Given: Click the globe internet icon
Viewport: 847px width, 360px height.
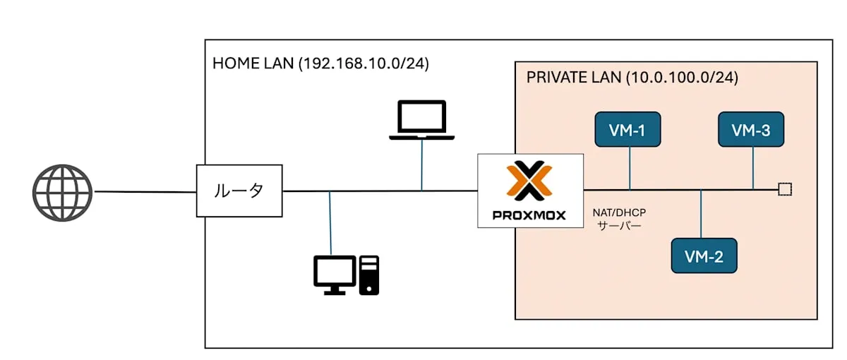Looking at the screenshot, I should click(x=62, y=193).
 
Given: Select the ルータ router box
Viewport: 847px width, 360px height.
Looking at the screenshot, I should click(x=239, y=191).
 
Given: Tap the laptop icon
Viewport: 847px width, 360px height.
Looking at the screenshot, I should click(x=422, y=119).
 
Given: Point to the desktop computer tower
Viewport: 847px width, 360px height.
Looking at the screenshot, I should click(x=369, y=275).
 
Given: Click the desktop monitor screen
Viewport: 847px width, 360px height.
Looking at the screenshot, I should click(x=335, y=270).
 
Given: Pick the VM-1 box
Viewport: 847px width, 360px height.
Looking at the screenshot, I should click(x=627, y=129).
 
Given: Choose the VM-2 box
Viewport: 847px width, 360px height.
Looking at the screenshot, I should click(x=703, y=256).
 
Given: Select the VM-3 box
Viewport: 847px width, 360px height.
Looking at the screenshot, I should click(x=752, y=129).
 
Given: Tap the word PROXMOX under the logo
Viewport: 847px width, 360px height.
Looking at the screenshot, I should click(x=530, y=215).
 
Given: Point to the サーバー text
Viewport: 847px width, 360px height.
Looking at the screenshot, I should click(x=618, y=227).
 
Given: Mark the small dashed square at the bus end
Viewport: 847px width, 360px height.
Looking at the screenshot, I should click(x=784, y=189).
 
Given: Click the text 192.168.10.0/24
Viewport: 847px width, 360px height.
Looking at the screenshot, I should click(x=364, y=64).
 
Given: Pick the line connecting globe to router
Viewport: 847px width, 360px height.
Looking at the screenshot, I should click(x=145, y=191).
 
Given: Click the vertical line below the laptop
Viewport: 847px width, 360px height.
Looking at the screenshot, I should click(x=422, y=164).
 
